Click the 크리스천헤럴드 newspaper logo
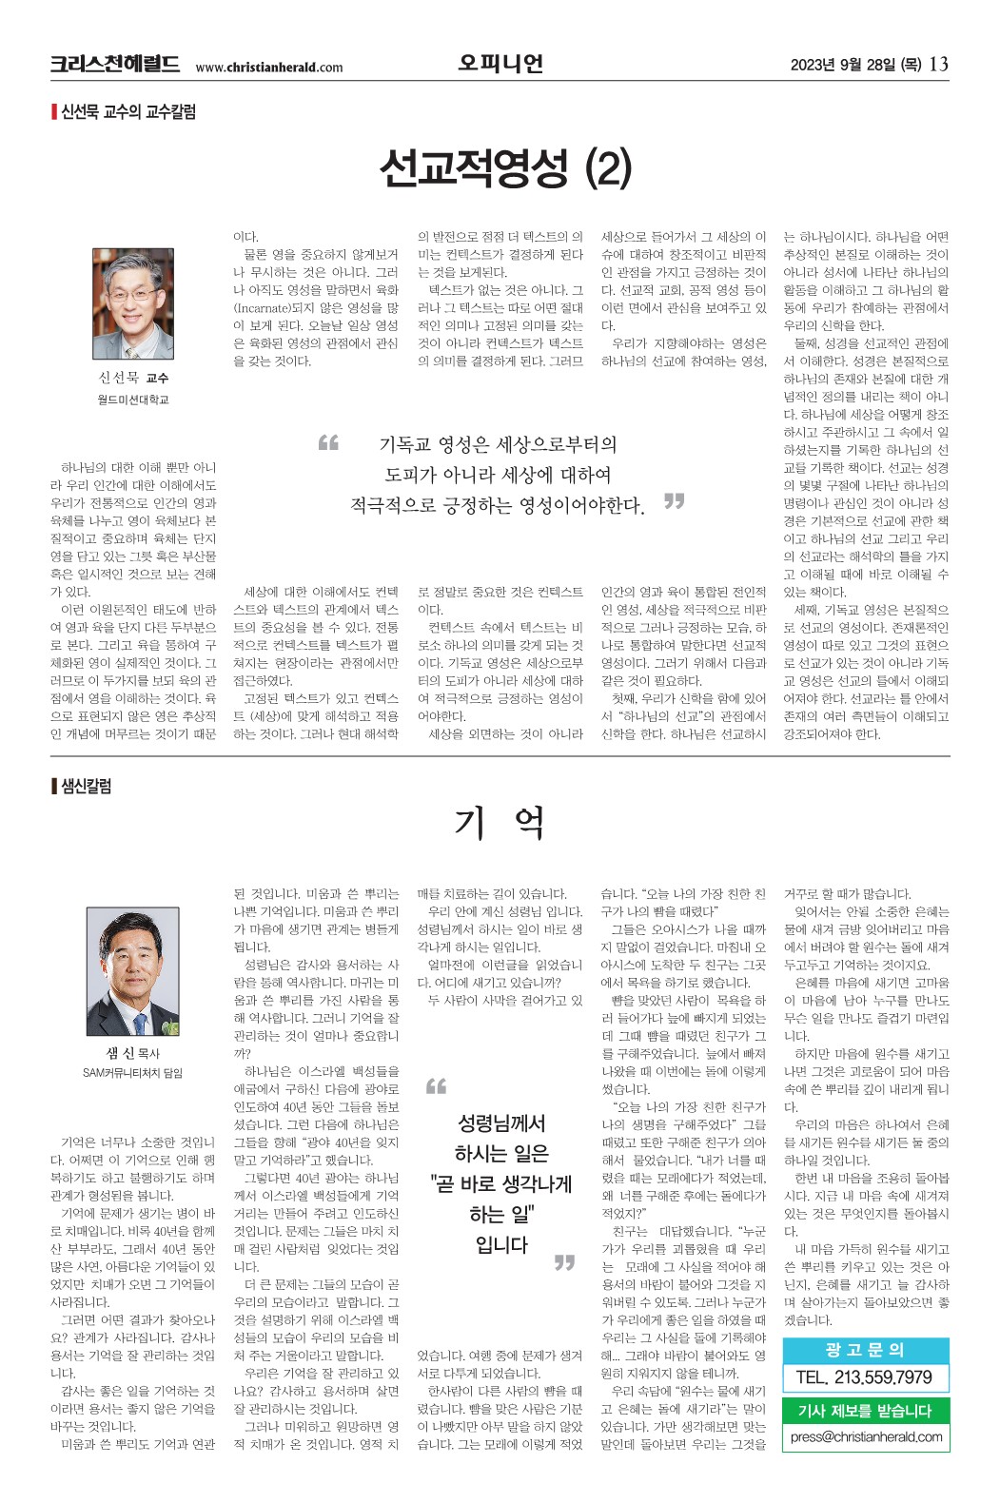coord(114,65)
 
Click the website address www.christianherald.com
coord(269,67)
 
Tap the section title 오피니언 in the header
coord(500,64)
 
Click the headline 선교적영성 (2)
coord(504,168)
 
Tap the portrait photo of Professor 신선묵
coord(133,303)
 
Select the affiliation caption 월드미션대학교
coord(133,400)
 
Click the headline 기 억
coord(500,822)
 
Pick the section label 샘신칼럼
coord(86,786)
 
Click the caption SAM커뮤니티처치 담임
coord(133,1073)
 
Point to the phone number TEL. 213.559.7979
coord(864,1377)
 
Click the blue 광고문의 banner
coord(865,1350)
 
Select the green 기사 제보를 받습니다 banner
coord(865,1411)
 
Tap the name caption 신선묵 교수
coord(133,379)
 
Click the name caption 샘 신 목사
coord(133,1053)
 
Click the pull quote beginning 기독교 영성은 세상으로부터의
coord(500,475)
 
